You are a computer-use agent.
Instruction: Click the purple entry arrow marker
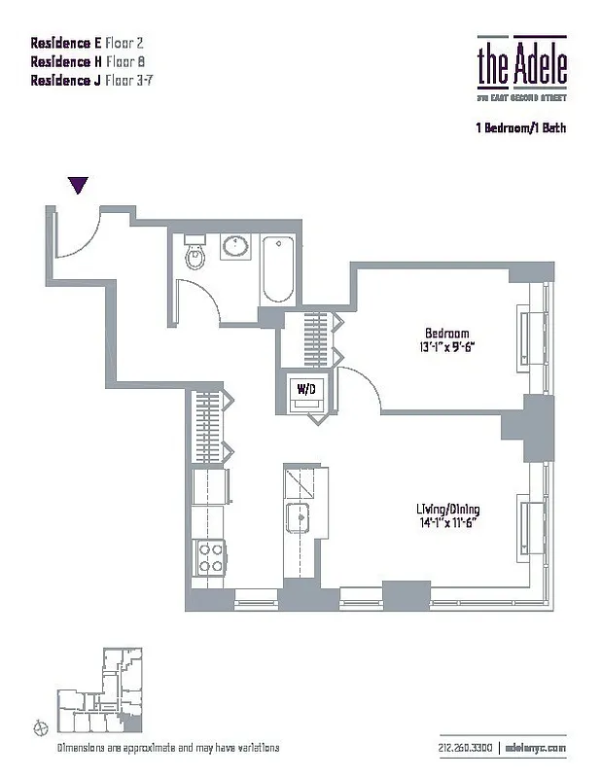[79, 185]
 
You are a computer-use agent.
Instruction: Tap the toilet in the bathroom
[194, 254]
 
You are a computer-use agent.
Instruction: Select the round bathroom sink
[234, 248]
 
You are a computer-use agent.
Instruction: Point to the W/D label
[306, 389]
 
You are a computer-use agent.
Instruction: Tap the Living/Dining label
[447, 509]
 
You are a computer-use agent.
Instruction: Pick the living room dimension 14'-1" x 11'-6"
[447, 523]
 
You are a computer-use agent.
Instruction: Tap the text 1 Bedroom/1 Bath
[520, 127]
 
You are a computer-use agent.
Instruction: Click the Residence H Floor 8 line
[90, 60]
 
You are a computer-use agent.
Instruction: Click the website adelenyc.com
[536, 748]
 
